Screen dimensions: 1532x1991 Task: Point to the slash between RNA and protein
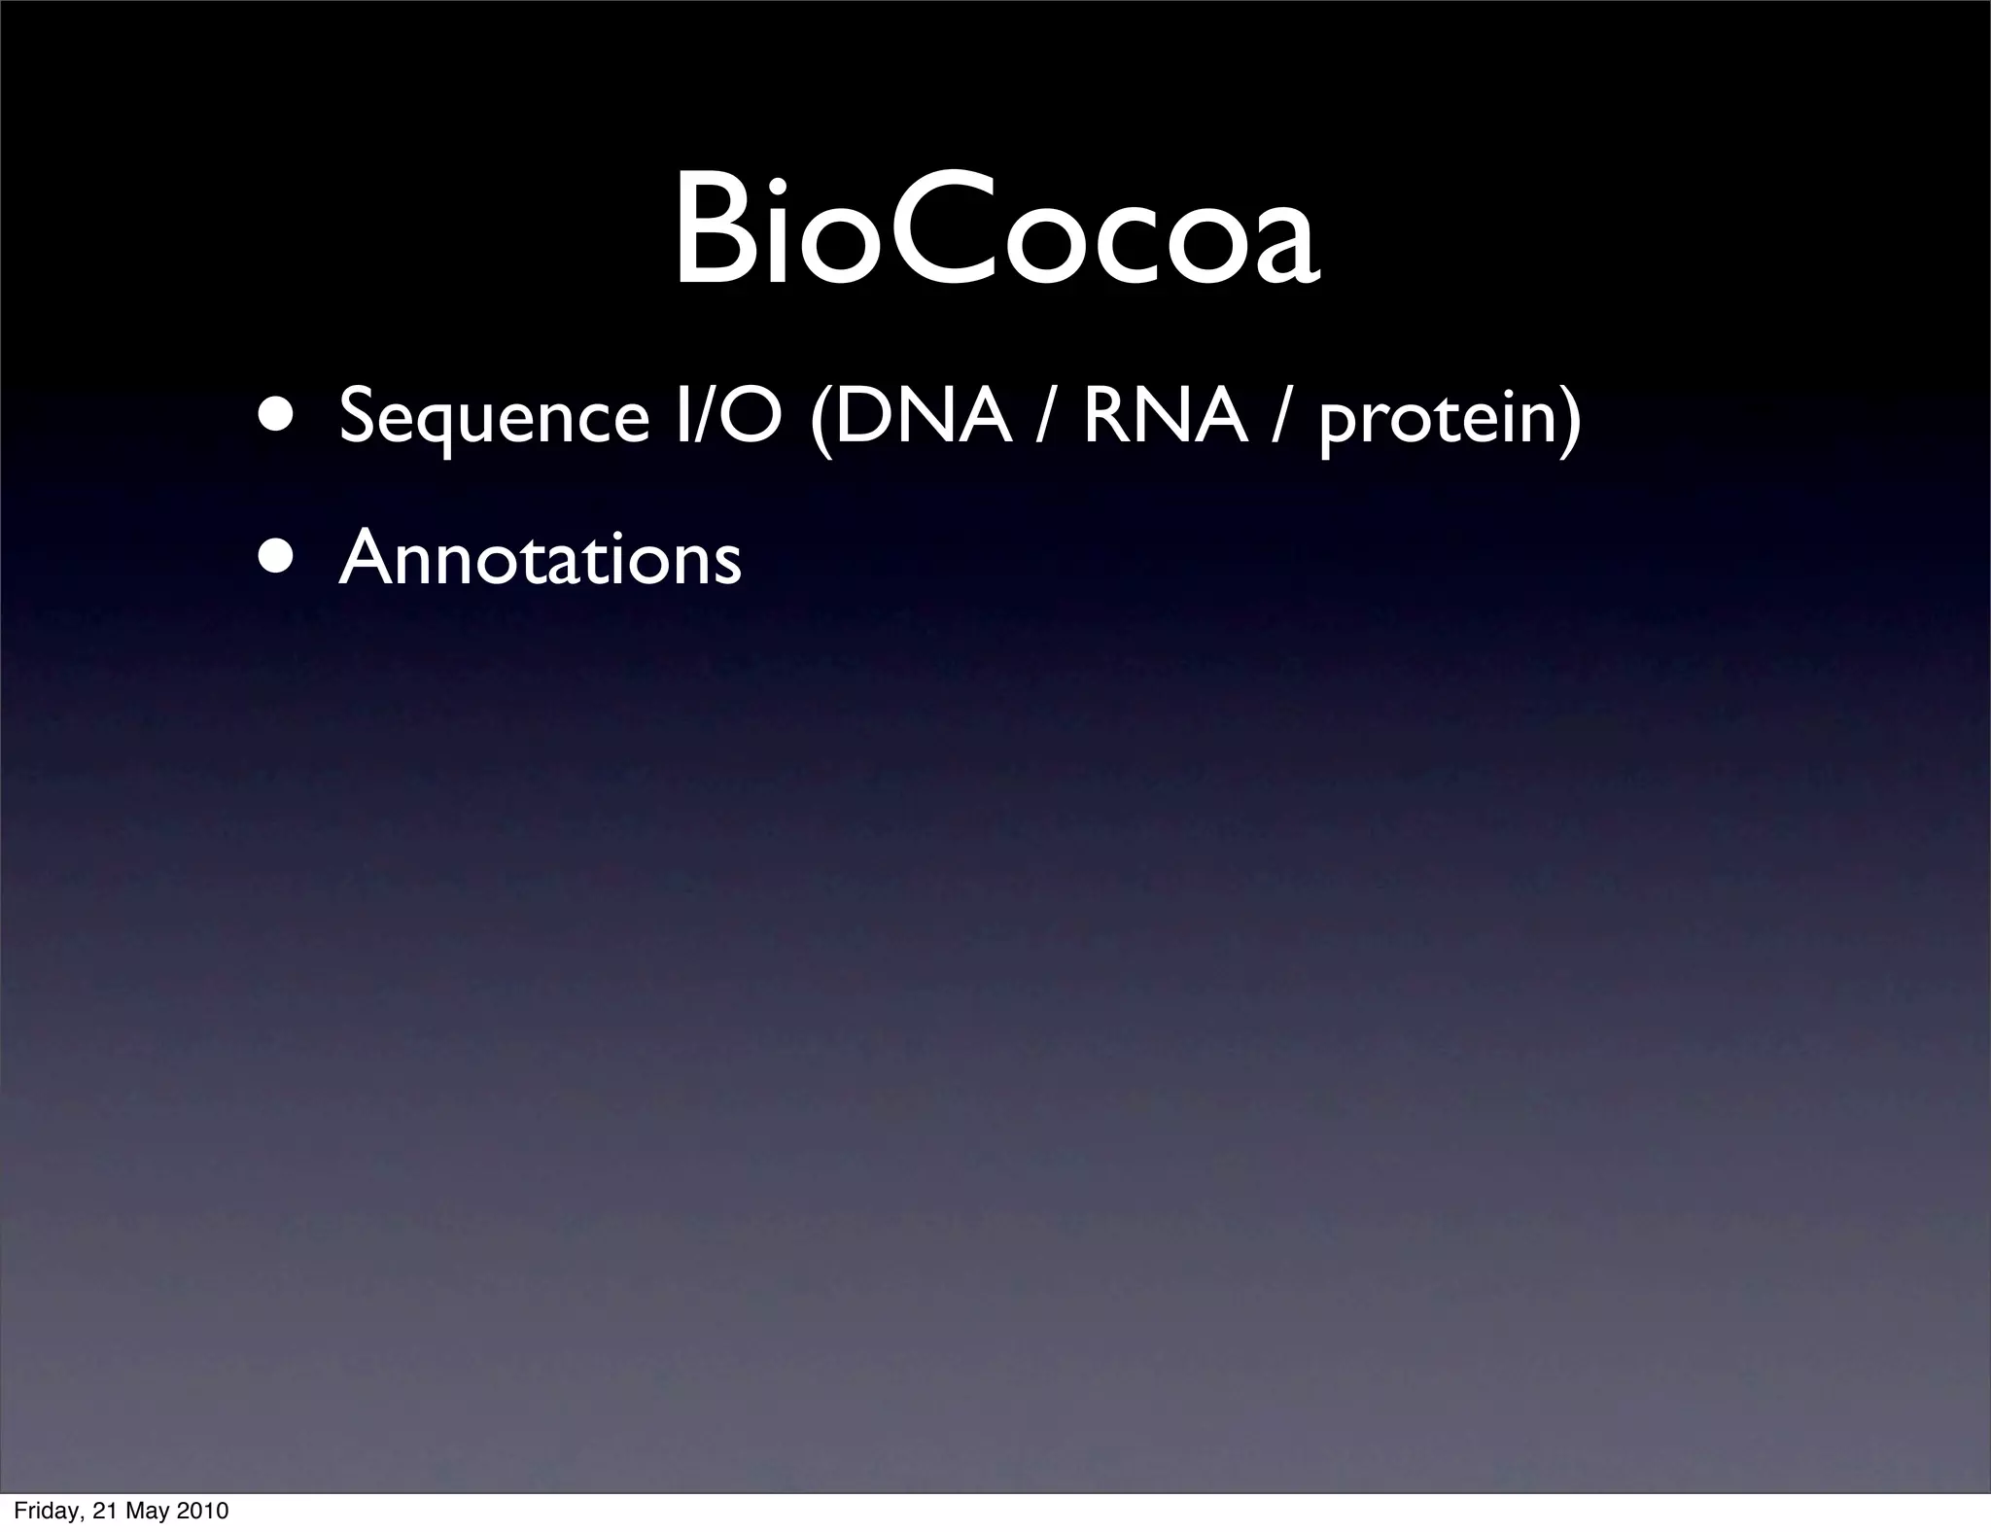pos(1283,416)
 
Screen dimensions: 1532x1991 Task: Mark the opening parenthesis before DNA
pos(820,418)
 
